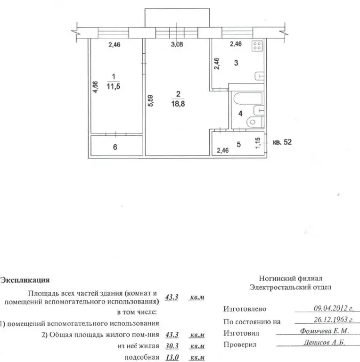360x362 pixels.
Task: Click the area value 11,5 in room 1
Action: coord(113,87)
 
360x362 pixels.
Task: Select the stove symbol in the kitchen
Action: coord(257,46)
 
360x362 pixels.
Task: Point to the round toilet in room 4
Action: coord(253,122)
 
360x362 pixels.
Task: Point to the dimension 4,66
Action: coord(95,88)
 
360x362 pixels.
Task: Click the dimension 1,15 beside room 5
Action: coord(258,143)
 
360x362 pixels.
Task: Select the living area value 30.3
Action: coord(173,346)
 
